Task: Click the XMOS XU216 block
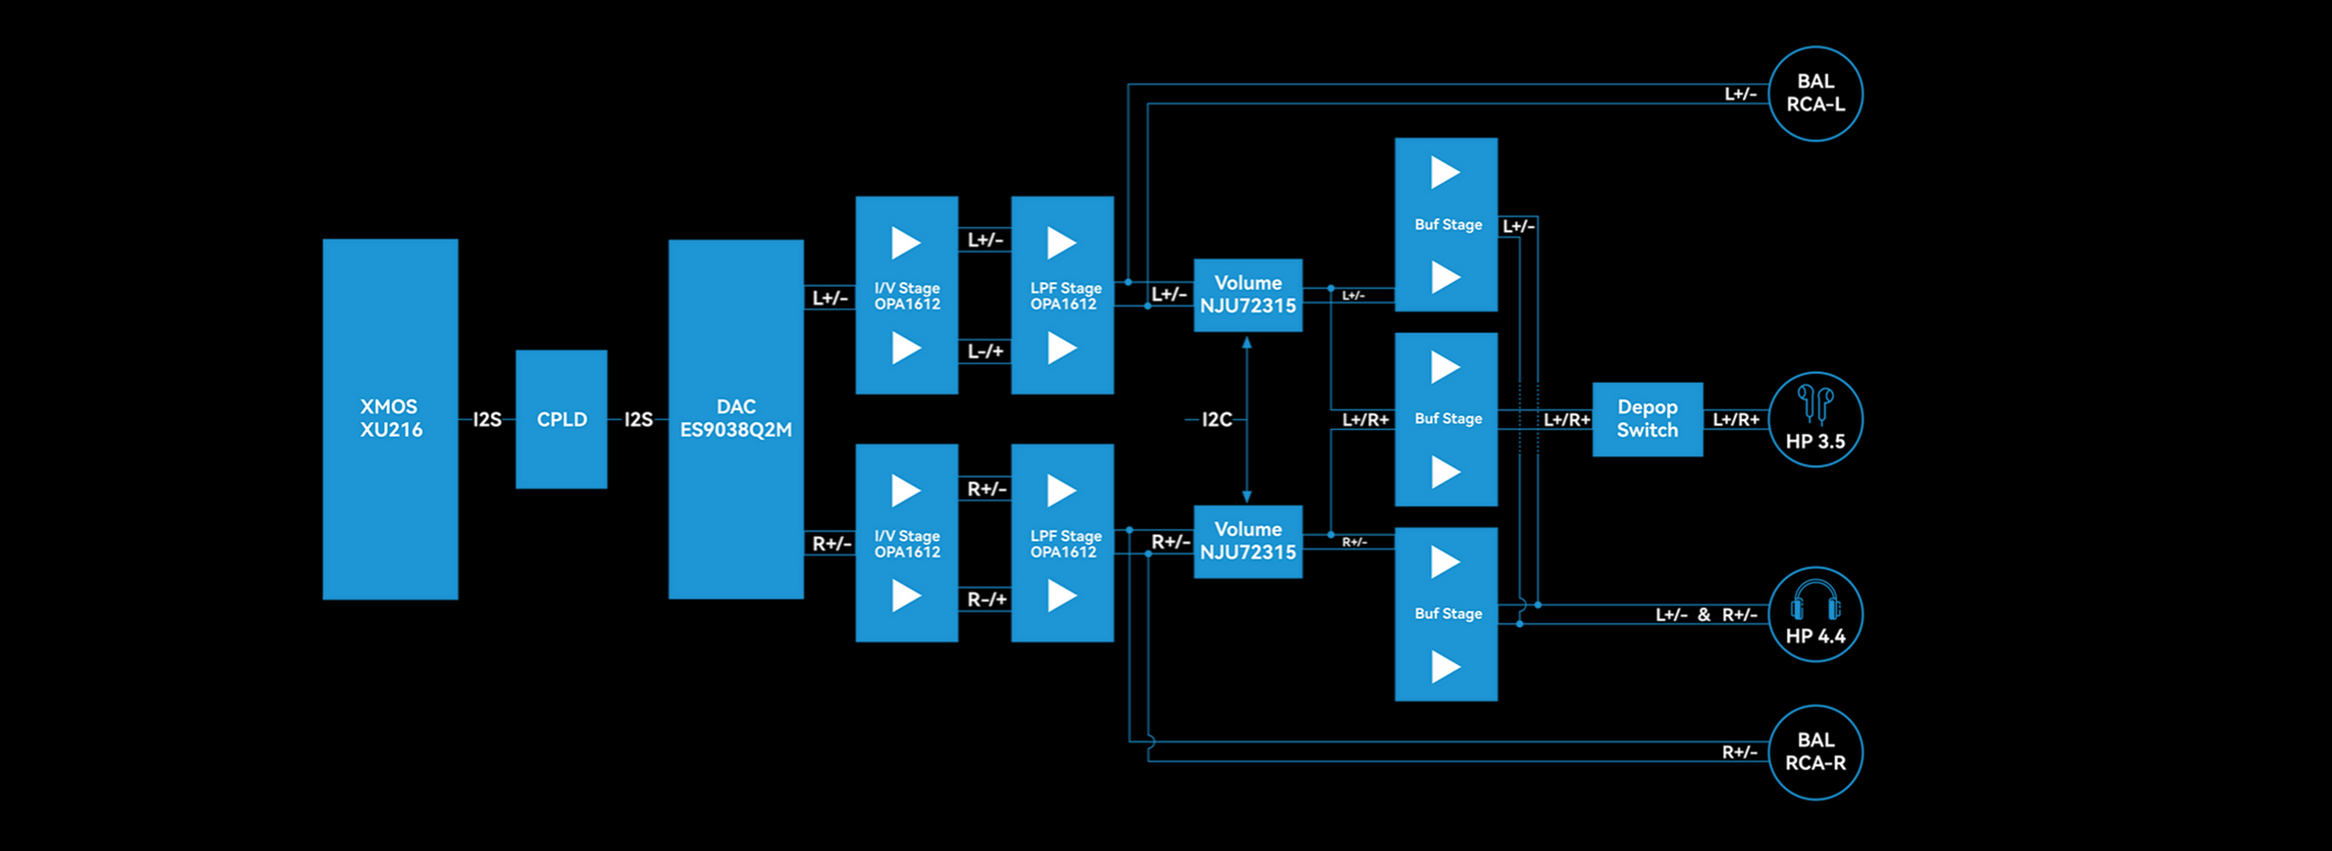pyautogui.click(x=390, y=418)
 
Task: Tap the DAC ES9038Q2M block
pyautogui.click(x=735, y=418)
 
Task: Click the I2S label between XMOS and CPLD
pyautogui.click(x=487, y=419)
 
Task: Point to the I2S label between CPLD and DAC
pyautogui.click(x=638, y=419)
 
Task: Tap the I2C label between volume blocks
pyautogui.click(x=1217, y=419)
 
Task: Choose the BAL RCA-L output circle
pyautogui.click(x=1815, y=93)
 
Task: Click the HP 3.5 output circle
pyautogui.click(x=1815, y=419)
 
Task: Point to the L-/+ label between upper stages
pyautogui.click(x=985, y=351)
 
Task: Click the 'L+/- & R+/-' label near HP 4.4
pyautogui.click(x=1705, y=615)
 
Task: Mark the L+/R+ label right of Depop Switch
pyautogui.click(x=1735, y=419)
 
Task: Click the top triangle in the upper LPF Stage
pyautogui.click(x=1061, y=243)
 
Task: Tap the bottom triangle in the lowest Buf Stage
pyautogui.click(x=1445, y=667)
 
